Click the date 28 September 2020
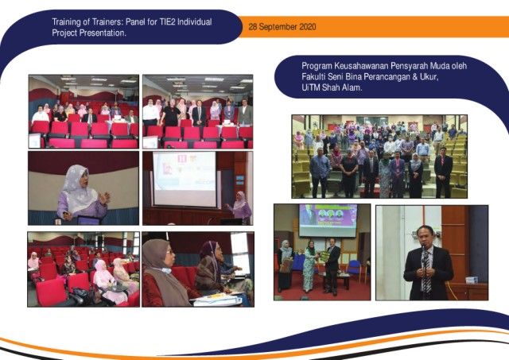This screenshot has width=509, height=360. click(282, 27)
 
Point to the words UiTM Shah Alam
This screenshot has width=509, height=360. click(332, 87)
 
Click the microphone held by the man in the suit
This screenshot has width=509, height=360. click(423, 249)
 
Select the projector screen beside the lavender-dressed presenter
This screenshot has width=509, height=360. click(185, 180)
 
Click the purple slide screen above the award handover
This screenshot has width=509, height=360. click(328, 220)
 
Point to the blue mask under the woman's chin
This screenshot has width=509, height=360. click(165, 270)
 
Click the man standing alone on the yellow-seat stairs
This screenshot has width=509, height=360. click(443, 171)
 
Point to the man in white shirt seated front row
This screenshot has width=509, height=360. click(41, 114)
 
